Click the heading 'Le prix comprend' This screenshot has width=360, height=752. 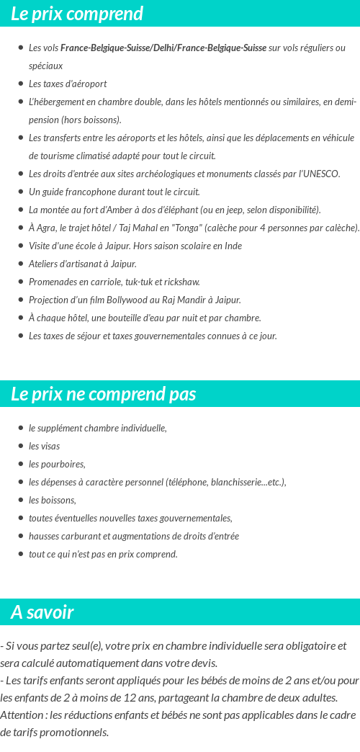77,14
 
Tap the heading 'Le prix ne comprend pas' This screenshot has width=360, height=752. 103,394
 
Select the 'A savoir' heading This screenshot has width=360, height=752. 42,612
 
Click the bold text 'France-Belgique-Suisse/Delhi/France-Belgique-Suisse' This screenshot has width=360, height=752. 163,48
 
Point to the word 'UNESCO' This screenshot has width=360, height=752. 322,174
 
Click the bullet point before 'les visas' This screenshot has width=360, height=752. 21,446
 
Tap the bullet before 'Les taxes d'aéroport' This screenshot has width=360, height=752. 21,84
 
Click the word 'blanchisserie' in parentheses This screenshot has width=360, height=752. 236,482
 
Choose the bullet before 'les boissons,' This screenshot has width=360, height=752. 21,500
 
